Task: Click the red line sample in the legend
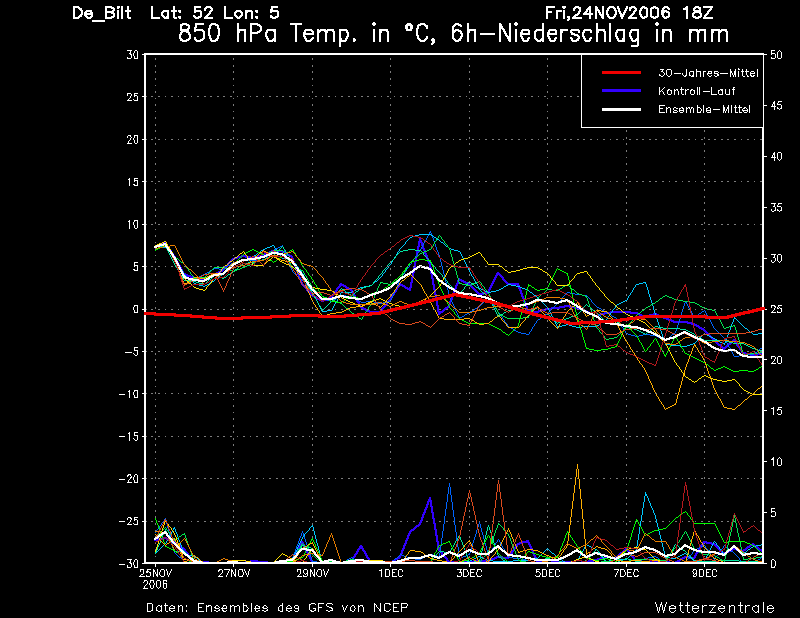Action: pos(621,73)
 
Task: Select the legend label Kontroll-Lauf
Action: pos(696,91)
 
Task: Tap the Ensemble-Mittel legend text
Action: pos(704,109)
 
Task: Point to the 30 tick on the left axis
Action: pos(132,55)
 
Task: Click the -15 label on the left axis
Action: pos(129,436)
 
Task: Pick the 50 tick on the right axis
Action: pos(776,55)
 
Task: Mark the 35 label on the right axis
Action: pos(776,208)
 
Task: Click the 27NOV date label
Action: pos(234,573)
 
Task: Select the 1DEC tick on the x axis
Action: pos(391,573)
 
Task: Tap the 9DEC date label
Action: pos(705,573)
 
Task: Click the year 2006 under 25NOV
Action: pos(155,585)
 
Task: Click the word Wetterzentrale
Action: pos(714,607)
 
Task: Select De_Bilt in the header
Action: pos(102,13)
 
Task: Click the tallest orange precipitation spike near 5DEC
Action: pos(578,464)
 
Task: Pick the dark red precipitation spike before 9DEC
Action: pos(686,483)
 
